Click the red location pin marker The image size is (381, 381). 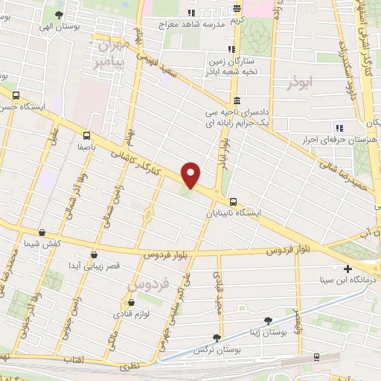(x=191, y=174)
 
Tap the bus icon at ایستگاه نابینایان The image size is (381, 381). (x=234, y=201)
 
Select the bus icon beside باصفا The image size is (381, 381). (x=88, y=135)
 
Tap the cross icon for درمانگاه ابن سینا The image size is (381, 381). (x=348, y=269)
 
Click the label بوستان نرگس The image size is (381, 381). (x=211, y=349)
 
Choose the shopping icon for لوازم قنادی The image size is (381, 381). (x=132, y=303)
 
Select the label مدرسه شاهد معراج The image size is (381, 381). (x=191, y=25)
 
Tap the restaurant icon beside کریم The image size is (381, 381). (x=237, y=9)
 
